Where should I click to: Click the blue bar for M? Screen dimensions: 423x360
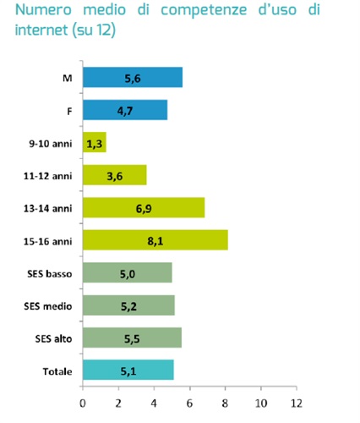pos(133,78)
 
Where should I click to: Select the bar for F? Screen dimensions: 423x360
pos(125,110)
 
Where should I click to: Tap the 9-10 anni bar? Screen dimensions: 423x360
pos(95,143)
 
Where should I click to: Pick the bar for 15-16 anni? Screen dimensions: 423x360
pos(155,240)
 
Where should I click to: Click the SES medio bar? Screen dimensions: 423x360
pos(128,305)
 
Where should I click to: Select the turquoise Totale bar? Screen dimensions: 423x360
pos(128,371)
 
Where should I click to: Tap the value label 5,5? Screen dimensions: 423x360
pos(132,338)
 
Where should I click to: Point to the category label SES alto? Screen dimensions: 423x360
pos(55,338)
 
